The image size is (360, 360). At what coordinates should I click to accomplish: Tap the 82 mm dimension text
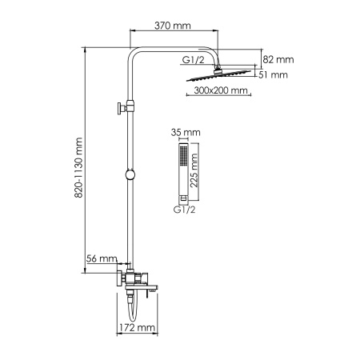pos(279,58)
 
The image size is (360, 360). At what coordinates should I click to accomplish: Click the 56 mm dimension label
pos(102,259)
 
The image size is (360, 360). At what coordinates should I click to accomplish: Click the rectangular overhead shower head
pos(221,78)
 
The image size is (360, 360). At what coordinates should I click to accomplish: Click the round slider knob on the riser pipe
pos(128,175)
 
